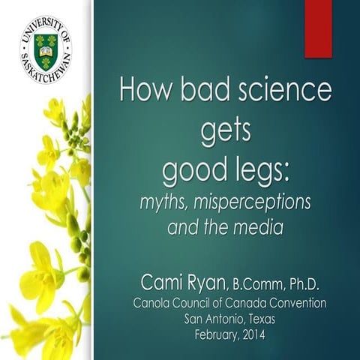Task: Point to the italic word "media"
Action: click(260, 227)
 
